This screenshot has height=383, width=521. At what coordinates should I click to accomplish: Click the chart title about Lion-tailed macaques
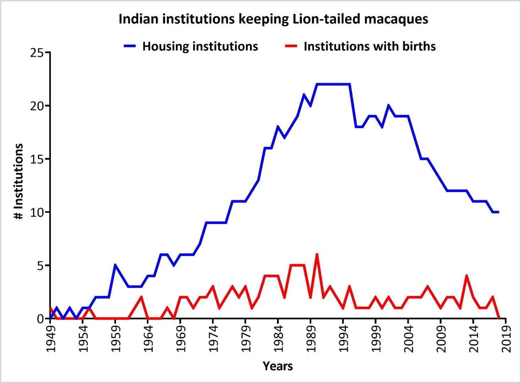[273, 19]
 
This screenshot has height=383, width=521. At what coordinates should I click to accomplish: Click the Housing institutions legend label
[200, 46]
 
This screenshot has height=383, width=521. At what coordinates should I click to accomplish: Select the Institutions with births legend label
[370, 46]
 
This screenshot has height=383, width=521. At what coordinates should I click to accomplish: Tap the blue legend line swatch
[130, 46]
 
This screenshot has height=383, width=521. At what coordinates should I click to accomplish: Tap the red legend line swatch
[291, 46]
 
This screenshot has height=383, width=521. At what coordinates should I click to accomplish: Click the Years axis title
[278, 366]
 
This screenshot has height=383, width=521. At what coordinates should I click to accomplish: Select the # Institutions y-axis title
[18, 181]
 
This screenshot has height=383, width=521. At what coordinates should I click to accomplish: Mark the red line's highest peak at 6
[317, 255]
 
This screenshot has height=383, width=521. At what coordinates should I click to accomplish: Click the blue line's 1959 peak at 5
[115, 265]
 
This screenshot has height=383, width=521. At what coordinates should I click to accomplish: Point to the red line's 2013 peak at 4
[467, 276]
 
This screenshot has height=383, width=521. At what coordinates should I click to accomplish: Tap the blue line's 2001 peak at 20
[389, 105]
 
